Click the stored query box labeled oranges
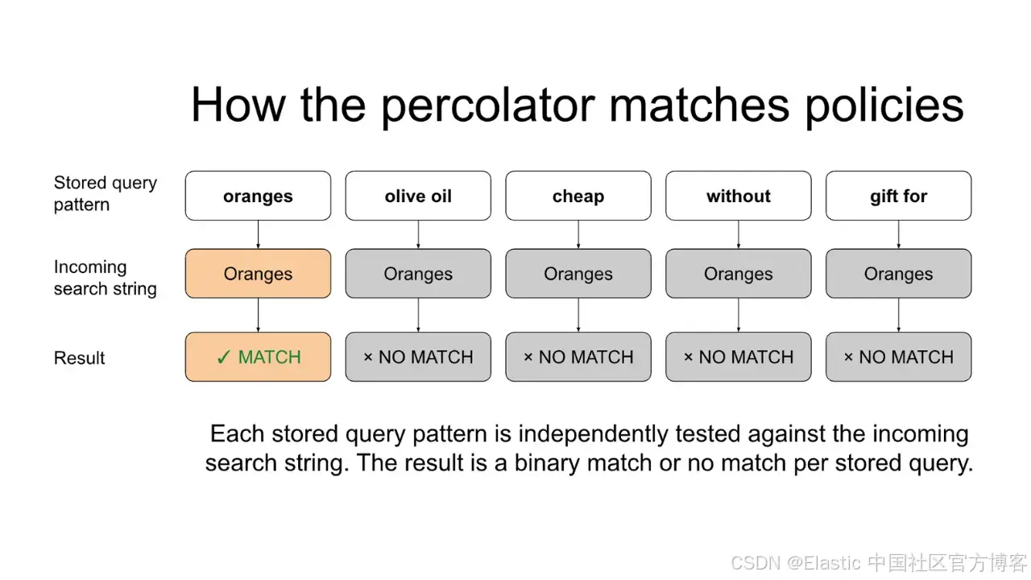[258, 196]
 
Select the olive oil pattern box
[418, 196]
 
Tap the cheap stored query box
[578, 196]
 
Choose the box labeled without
[739, 196]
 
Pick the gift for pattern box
[898, 196]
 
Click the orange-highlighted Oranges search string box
[258, 273]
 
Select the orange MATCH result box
[258, 357]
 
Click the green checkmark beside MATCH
[223, 357]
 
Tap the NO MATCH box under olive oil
[418, 357]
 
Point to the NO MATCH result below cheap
[578, 357]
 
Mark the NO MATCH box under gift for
[898, 357]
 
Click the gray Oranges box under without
[739, 273]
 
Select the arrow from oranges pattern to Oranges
[258, 234]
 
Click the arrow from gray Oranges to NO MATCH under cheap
[578, 315]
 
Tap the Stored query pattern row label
[106, 193]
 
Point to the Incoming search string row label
[106, 278]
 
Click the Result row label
[79, 358]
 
